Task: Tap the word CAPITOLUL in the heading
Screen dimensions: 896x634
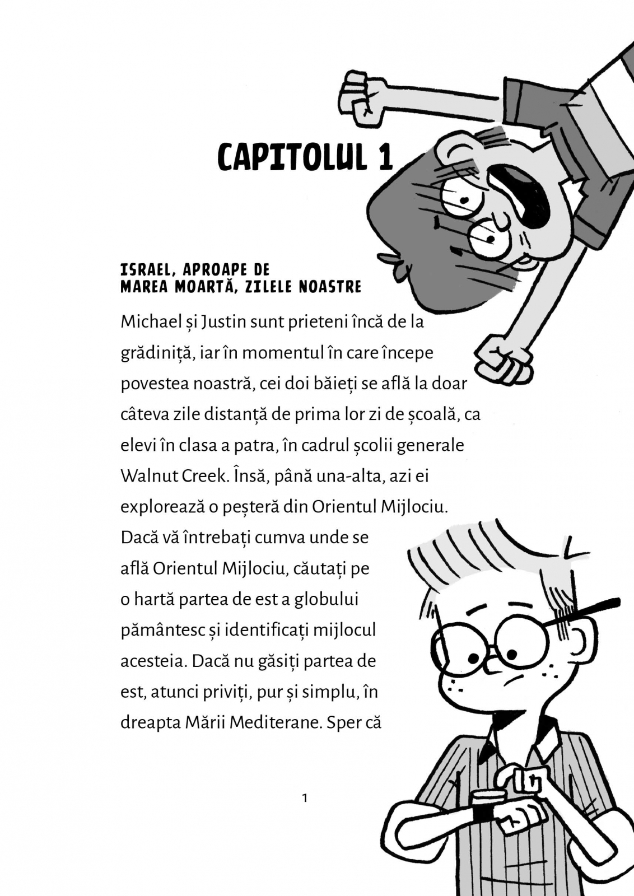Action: click(x=292, y=157)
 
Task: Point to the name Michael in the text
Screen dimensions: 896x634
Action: click(x=146, y=322)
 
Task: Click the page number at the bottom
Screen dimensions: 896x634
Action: click(x=305, y=798)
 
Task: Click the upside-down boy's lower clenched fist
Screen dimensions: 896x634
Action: click(x=502, y=358)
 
